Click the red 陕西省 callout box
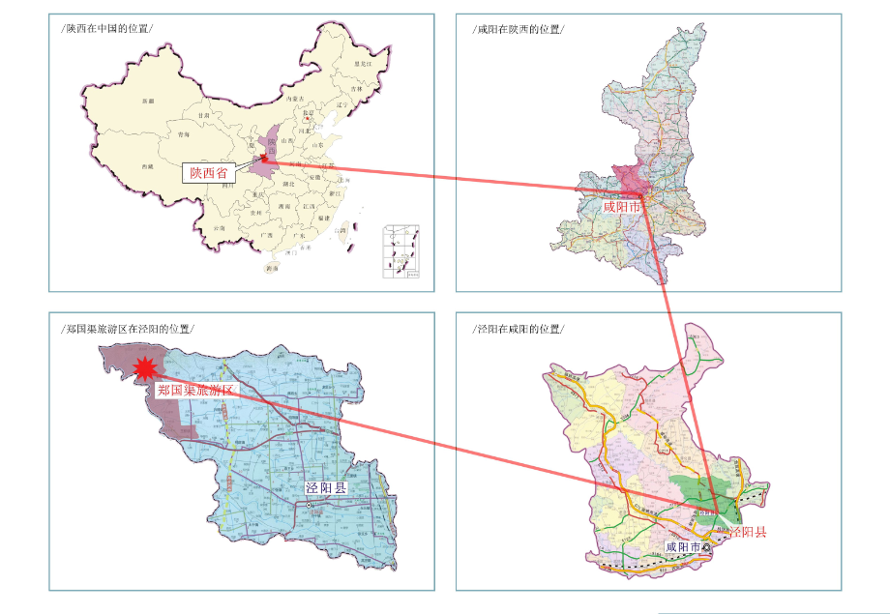coord(209,173)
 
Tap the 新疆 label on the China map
coord(147,101)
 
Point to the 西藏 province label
coord(147,166)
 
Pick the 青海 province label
coord(183,135)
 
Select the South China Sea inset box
coord(402,251)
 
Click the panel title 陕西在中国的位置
coord(106,28)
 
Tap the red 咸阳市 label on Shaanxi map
coord(622,206)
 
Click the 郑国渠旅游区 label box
coord(195,390)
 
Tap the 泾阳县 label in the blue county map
coord(325,487)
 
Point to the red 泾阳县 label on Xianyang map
coord(747,531)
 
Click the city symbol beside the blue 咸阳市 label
coord(706,547)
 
